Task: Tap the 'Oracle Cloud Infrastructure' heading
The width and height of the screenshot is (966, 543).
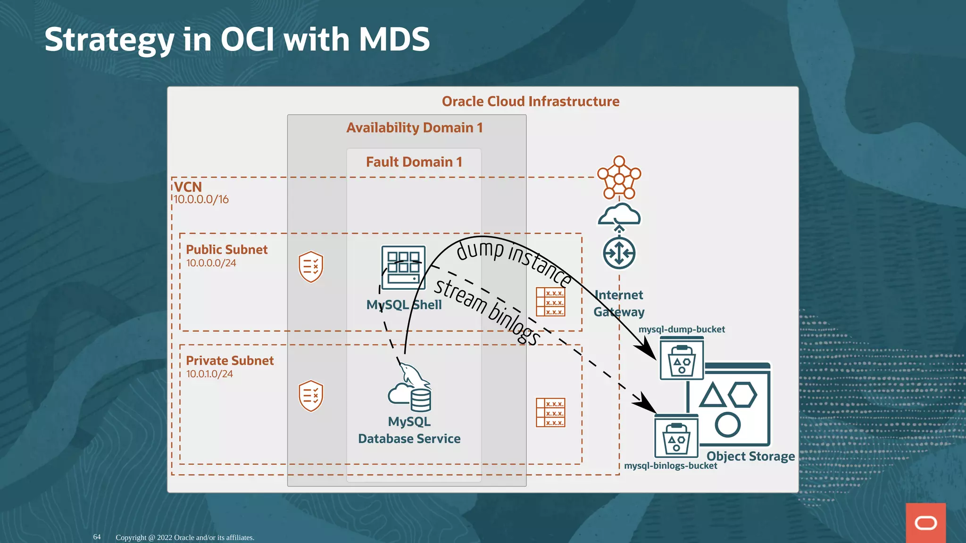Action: click(x=530, y=101)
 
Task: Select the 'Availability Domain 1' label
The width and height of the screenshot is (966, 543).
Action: click(x=414, y=128)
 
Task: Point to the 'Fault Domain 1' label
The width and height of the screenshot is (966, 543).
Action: click(x=414, y=162)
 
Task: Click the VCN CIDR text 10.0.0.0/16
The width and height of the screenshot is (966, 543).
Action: click(x=201, y=199)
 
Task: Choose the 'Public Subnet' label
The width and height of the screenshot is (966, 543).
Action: click(x=226, y=249)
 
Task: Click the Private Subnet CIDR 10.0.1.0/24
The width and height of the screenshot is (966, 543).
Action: click(x=209, y=374)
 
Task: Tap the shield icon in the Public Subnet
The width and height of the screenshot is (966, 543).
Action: click(x=311, y=267)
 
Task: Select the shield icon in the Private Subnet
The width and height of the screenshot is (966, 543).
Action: click(x=311, y=396)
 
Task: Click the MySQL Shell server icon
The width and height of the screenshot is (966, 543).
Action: click(x=403, y=267)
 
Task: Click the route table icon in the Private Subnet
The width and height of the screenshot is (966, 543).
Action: click(x=550, y=412)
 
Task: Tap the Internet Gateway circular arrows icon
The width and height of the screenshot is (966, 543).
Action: click(x=619, y=253)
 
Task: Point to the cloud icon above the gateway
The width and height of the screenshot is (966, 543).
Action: click(x=619, y=214)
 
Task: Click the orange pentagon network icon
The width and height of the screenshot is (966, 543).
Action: click(x=619, y=178)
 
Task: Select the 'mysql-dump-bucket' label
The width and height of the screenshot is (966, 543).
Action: click(x=681, y=329)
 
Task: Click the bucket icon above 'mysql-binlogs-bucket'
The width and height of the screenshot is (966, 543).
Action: click(x=676, y=436)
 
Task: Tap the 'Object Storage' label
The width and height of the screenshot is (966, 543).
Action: click(x=750, y=456)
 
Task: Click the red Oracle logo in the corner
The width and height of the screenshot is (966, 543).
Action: click(x=925, y=523)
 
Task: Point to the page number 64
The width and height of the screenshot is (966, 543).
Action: click(x=97, y=537)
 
